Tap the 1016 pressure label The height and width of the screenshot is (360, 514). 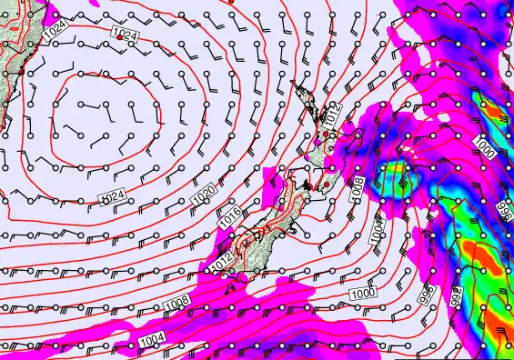(230, 219)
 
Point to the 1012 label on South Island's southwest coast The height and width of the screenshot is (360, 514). (220, 260)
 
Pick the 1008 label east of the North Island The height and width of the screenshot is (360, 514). (357, 189)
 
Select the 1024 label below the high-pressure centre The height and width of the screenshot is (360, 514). (112, 196)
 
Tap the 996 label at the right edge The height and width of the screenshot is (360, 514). (505, 210)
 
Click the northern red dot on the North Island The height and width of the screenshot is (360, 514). (327, 135)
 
